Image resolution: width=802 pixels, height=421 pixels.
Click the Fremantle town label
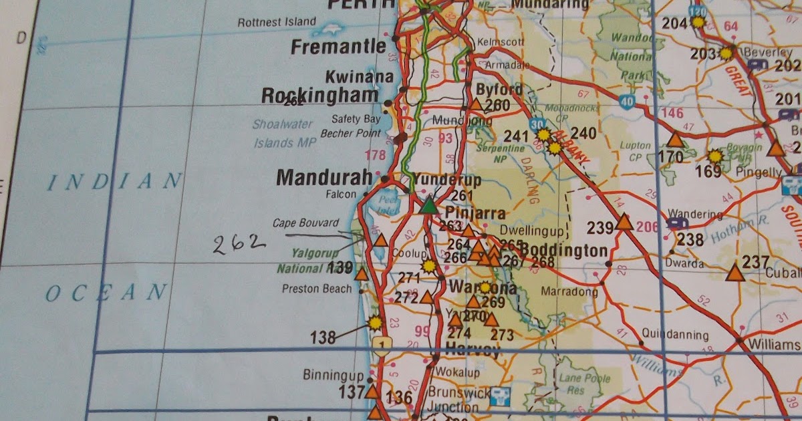pyautogui.click(x=339, y=47)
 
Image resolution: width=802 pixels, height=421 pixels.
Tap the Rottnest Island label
pyautogui.click(x=277, y=22)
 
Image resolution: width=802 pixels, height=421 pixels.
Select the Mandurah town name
pyautogui.click(x=324, y=178)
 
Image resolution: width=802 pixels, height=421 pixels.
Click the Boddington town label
pyautogui.click(x=564, y=251)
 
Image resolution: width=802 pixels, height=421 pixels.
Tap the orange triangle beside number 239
pyautogui.click(x=624, y=222)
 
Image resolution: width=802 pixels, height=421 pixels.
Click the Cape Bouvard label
pyautogui.click(x=305, y=223)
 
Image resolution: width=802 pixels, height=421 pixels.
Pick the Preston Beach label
pyautogui.click(x=316, y=289)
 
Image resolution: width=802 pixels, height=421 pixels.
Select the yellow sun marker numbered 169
pyautogui.click(x=715, y=156)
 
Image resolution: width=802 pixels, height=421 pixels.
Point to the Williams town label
pyautogui.click(x=775, y=345)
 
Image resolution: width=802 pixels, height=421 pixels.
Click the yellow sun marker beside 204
pyautogui.click(x=698, y=22)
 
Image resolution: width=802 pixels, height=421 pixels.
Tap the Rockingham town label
pyautogui.click(x=319, y=96)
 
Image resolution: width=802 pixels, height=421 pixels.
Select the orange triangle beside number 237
pyautogui.click(x=735, y=273)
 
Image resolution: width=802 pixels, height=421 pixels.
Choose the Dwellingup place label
pyautogui.click(x=532, y=228)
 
